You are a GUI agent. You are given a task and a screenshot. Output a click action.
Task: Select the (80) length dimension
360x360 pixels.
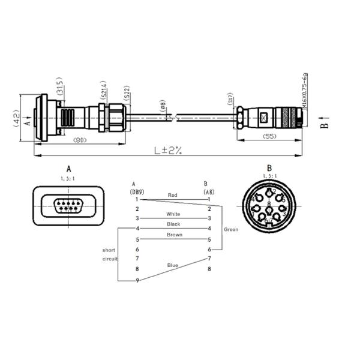coord(79,140)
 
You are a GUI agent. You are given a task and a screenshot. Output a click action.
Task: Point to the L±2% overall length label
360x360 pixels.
coord(167,151)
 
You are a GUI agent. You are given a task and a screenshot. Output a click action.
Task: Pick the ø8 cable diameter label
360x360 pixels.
coord(163,106)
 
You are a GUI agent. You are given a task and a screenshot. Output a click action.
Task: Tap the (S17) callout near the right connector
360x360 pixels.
coord(230,99)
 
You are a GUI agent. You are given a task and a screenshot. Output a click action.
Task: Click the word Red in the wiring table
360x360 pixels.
coord(173,195)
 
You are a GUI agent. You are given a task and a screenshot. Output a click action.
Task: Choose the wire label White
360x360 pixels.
coord(173,214)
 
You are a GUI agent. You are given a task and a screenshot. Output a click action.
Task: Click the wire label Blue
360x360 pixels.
coord(173,265)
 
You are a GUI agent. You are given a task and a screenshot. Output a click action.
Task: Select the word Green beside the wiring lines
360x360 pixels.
coord(231,229)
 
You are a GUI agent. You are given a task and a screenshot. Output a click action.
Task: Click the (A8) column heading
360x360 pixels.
coord(209,191)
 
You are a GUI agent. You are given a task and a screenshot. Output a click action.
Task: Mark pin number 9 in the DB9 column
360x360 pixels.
coord(137,280)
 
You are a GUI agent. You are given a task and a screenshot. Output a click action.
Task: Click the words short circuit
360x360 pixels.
coord(109,254)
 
